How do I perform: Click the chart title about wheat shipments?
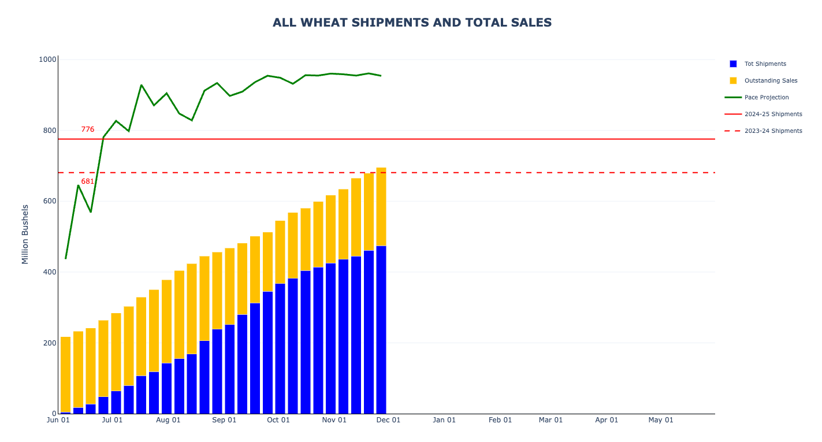pos(412,23)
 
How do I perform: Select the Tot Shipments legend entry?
pos(765,64)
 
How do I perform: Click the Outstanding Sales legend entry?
pos(771,80)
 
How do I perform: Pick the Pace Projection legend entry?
pos(766,97)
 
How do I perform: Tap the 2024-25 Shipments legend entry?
pos(773,114)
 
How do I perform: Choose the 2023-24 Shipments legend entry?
pos(773,131)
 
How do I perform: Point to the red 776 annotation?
pos(87,129)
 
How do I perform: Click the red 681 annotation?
pos(87,181)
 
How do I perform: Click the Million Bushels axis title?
pos(25,234)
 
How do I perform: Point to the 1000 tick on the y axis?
pos(47,60)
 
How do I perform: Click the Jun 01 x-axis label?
pos(58,420)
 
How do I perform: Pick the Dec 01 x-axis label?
pos(388,420)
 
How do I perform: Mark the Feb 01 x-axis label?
pos(500,420)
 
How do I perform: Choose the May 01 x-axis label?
pos(661,420)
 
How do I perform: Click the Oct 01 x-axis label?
pos(278,420)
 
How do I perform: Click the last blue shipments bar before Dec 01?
pos(381,329)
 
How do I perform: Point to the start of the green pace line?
pos(65,258)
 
